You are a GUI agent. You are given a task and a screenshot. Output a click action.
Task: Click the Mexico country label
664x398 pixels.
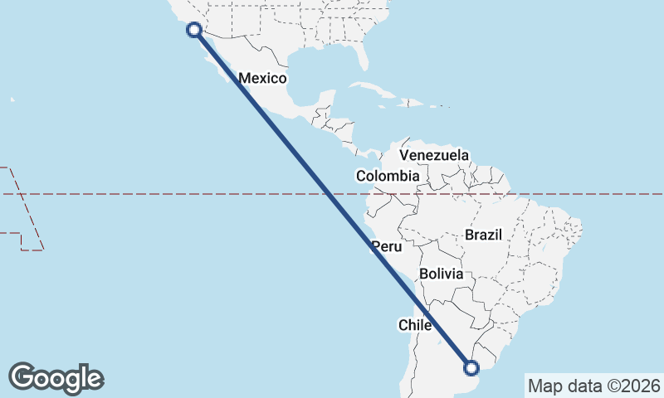point(262,79)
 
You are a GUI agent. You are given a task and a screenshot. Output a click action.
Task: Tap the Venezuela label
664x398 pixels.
point(433,155)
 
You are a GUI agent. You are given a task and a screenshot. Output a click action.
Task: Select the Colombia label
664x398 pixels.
point(388,176)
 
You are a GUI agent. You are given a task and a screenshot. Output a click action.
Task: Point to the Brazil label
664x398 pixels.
point(484,235)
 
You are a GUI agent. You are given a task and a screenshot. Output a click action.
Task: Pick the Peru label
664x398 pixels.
point(387,246)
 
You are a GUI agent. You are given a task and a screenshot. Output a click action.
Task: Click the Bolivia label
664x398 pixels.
point(440,273)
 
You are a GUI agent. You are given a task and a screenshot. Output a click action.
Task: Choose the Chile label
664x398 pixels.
point(415,325)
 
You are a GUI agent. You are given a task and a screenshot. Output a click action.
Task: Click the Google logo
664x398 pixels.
point(56,378)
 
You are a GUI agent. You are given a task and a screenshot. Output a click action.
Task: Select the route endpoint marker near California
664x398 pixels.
point(194,30)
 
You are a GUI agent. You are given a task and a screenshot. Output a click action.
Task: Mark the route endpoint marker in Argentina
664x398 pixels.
point(471,368)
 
